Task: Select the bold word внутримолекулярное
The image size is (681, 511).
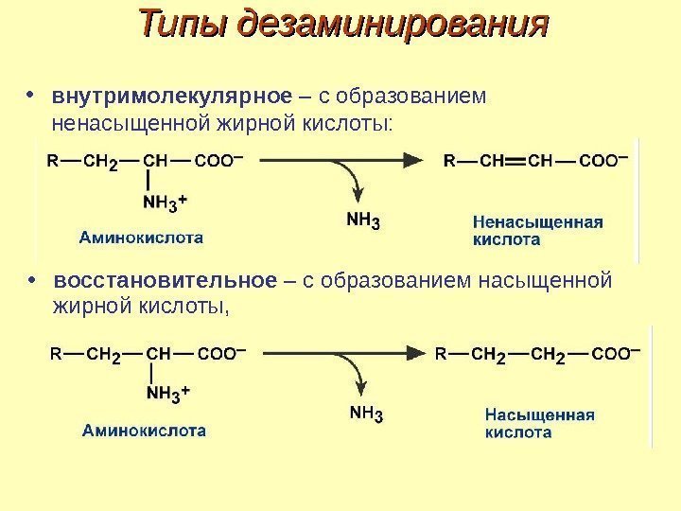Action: click(x=171, y=97)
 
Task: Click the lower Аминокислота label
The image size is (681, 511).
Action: click(x=144, y=429)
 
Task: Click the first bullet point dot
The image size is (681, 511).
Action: click(x=33, y=96)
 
